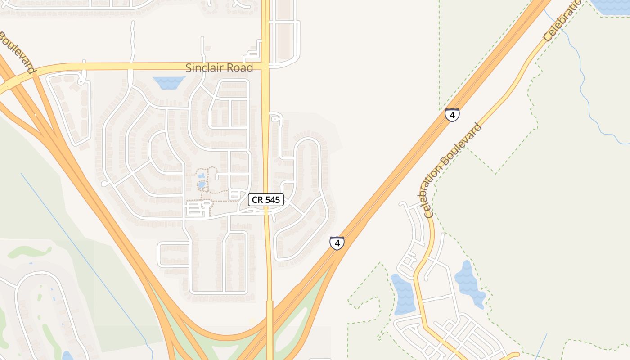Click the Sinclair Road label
pos(219,68)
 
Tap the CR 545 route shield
pos(266,200)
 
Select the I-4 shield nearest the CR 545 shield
pos(337,243)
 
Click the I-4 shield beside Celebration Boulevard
pos(452,115)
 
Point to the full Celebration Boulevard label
pos(453,171)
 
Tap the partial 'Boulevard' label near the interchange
pos(17,52)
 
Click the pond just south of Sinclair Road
pos(169,82)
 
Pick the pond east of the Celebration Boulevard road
pos(469,283)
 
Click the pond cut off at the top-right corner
pos(610,7)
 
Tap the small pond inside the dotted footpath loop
pos(202,184)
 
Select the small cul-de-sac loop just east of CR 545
pos(275,119)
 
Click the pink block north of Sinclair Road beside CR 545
pos(283,31)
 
